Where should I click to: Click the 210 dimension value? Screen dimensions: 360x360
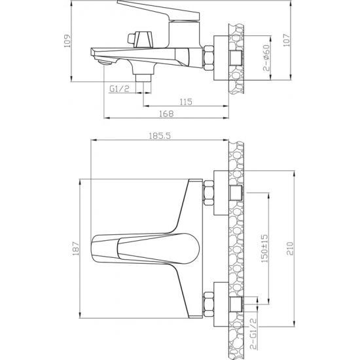pyautogui.click(x=289, y=249)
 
